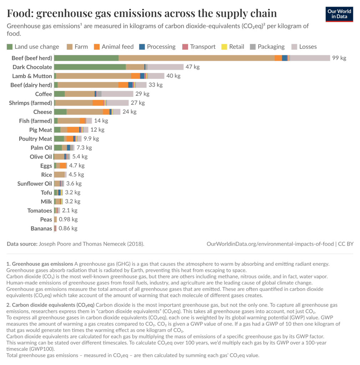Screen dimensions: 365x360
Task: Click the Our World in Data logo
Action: click(340, 14)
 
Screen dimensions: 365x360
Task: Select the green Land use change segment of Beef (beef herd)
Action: click(86, 58)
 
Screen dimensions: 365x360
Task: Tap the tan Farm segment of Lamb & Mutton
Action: click(93, 76)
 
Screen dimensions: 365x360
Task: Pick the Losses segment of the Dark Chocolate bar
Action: click(165, 67)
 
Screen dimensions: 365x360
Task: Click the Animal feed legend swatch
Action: click(96, 47)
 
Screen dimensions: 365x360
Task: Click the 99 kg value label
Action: click(339, 58)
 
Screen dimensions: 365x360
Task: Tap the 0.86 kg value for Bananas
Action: click(68, 228)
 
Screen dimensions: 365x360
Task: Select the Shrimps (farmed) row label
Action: click(30, 103)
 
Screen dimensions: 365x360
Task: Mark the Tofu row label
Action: click(46, 192)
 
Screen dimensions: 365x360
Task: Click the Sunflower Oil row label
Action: click(35, 184)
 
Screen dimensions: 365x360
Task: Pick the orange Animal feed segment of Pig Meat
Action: click(73, 130)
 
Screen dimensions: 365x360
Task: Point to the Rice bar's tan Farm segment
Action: click(59, 175)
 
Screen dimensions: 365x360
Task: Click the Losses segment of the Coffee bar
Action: click(117, 94)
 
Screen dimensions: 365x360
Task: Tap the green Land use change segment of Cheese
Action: click(60, 112)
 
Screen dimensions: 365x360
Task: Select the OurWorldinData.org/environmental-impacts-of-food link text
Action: click(270, 244)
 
